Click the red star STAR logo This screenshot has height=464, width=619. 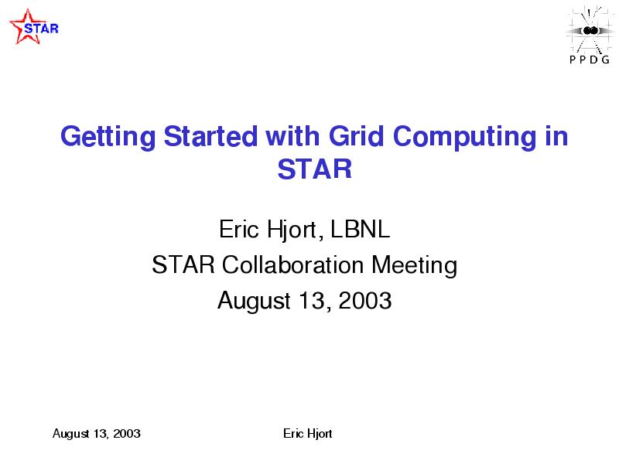(x=34, y=26)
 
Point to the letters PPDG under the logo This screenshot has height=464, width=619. (x=590, y=60)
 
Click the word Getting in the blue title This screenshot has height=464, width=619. (x=108, y=137)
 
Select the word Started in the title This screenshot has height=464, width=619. (x=210, y=136)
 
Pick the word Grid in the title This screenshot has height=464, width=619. (x=356, y=136)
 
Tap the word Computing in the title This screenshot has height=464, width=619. (x=464, y=137)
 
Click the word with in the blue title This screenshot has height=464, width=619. (x=292, y=136)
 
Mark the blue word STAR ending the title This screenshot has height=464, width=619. (x=315, y=169)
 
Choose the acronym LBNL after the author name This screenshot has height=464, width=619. (x=360, y=229)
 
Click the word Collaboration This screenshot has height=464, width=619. (x=292, y=264)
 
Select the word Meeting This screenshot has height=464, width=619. (x=415, y=265)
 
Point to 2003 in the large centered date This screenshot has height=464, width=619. (x=365, y=300)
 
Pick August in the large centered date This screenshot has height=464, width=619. (x=255, y=301)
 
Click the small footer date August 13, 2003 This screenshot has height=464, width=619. (x=96, y=434)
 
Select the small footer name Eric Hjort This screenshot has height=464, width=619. (x=307, y=434)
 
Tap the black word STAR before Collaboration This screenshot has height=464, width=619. (x=183, y=264)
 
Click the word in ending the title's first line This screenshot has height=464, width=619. (x=556, y=136)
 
